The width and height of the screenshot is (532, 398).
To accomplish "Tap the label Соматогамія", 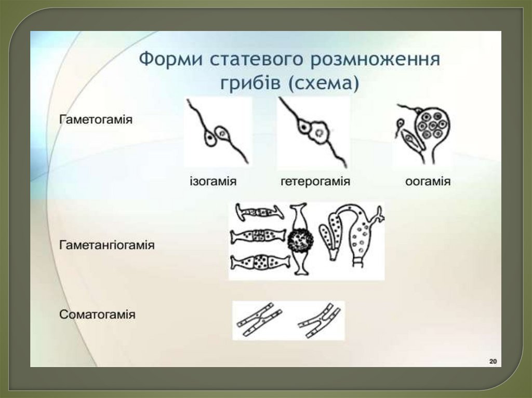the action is coord(97,314).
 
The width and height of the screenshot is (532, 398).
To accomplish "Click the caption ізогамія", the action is coord(212,182).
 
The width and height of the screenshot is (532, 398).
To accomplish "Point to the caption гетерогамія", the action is coord(315,182).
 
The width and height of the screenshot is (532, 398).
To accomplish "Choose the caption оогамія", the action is coord(428,182).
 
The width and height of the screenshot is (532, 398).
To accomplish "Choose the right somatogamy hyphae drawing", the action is coord(320,320).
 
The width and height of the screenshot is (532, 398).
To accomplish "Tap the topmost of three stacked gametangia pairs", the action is coord(259,212).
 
